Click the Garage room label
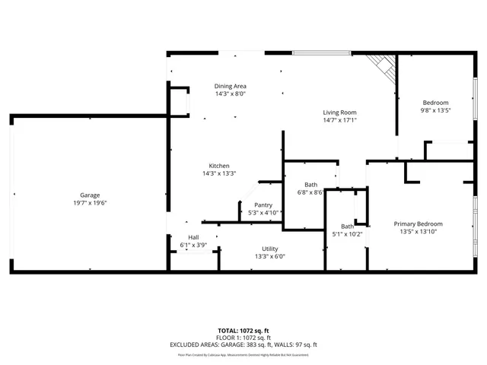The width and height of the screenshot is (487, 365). (90, 195)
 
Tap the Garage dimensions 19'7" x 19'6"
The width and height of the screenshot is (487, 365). (90, 203)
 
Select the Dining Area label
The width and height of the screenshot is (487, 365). (230, 86)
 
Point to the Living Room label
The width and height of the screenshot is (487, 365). (339, 112)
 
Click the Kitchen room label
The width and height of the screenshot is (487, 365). (219, 166)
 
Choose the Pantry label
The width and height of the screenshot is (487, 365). (263, 205)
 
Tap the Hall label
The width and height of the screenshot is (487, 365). (193, 237)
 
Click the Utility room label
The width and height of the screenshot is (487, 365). (270, 249)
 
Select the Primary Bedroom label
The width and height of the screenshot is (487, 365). (418, 224)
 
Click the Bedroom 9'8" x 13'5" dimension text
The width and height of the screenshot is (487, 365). (436, 110)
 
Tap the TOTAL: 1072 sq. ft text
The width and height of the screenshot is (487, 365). (243, 330)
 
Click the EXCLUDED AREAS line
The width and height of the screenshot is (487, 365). (243, 344)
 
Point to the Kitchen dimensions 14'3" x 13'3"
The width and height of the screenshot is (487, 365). (219, 174)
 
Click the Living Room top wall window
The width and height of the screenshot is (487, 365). (322, 53)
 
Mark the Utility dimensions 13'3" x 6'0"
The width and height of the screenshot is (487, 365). (270, 256)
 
